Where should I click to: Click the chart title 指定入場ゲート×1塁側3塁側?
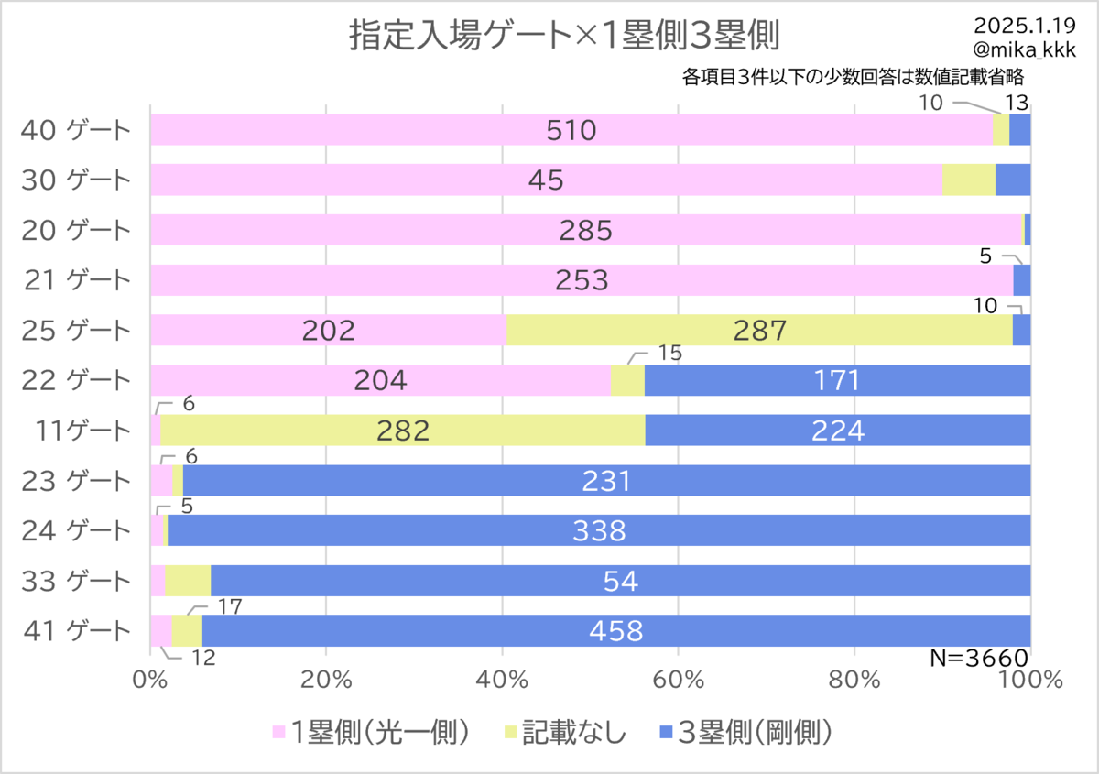tap(564, 36)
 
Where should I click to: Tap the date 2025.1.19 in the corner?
tap(1025, 26)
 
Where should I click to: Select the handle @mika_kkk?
tap(1025, 49)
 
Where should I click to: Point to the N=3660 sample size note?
tap(979, 658)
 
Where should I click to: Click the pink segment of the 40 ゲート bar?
tap(571, 129)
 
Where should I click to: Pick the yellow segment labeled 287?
tap(759, 330)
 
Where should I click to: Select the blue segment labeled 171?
tap(837, 380)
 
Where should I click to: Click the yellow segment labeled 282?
tap(403, 430)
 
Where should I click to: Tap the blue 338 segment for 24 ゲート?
tap(599, 530)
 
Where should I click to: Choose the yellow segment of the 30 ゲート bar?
tap(969, 180)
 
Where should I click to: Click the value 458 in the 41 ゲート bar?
tap(616, 631)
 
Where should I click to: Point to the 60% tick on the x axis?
tap(678, 681)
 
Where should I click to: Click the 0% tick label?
tap(150, 681)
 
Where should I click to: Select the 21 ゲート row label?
tap(78, 279)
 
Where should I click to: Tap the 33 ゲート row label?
tap(76, 581)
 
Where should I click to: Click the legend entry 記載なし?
tap(565, 732)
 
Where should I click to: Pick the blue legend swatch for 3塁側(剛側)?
tap(666, 732)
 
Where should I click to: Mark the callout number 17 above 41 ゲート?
tap(230, 607)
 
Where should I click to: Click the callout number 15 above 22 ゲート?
tap(669, 353)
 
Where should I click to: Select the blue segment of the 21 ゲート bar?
tap(1022, 279)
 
